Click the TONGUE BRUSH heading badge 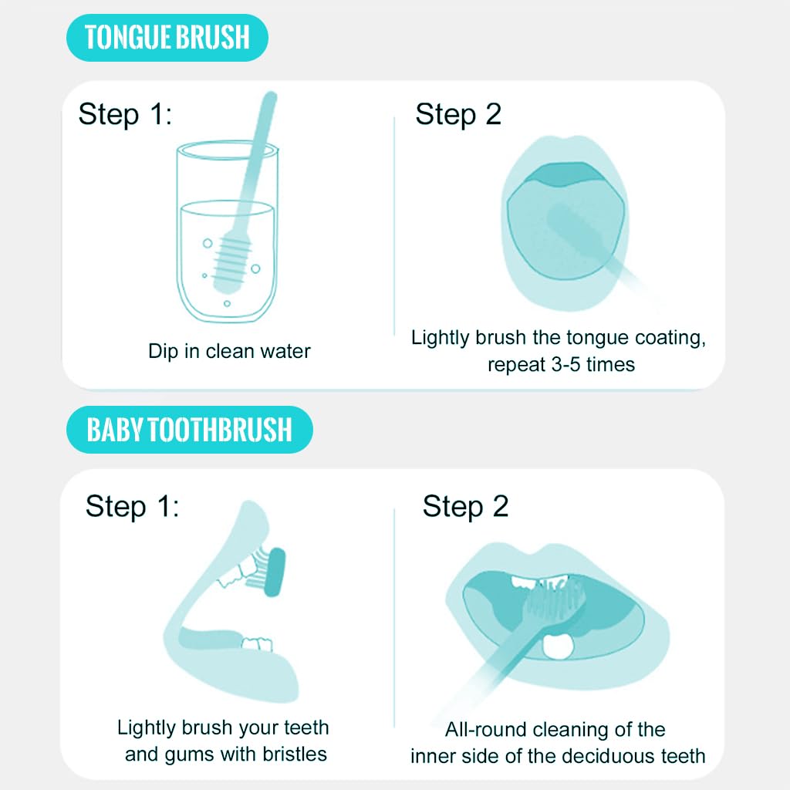click(x=167, y=37)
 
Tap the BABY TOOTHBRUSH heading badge click(x=190, y=429)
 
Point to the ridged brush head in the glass click(x=232, y=262)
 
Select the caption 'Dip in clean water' click(x=229, y=351)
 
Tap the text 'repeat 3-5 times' click(x=562, y=364)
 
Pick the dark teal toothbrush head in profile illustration click(x=275, y=572)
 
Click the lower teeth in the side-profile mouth click(x=257, y=644)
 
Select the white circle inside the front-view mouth click(x=558, y=646)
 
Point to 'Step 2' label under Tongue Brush click(x=458, y=114)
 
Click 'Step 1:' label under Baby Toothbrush click(x=132, y=506)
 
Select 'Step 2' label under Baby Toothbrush click(x=465, y=506)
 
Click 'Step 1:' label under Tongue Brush click(x=125, y=114)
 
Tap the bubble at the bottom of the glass click(x=227, y=303)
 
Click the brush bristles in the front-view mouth click(x=554, y=600)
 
